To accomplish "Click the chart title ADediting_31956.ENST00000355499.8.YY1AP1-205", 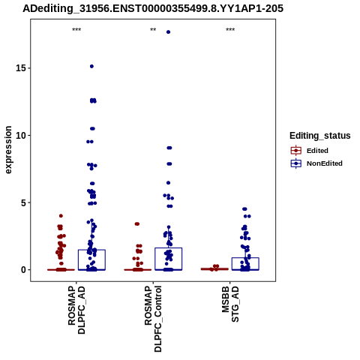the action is [x=153, y=8].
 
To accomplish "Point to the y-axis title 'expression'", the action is [x=8, y=150].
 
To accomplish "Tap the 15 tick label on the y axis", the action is [x=21, y=68].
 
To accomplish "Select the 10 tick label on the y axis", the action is [x=21, y=135].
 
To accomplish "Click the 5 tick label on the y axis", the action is [x=24, y=202].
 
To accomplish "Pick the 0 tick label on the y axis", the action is [x=24, y=270].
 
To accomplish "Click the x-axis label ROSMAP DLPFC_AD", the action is [x=76, y=310].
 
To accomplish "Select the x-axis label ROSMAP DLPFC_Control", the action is [x=153, y=319].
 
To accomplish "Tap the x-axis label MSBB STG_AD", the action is [x=230, y=304].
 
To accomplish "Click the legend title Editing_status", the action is [x=320, y=136].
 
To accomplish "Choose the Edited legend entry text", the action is [x=317, y=151].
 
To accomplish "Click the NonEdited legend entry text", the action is [x=325, y=163].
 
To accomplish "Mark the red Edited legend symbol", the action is [x=296, y=151].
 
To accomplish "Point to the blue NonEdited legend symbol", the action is [x=296, y=163].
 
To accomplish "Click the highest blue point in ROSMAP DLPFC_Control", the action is [x=168, y=32].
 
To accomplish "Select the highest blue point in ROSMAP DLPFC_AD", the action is [x=91, y=66].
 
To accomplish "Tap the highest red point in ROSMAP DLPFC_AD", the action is [x=61, y=216].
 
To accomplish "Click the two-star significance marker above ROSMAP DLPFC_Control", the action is [x=153, y=30].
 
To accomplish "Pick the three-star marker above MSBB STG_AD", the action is [x=230, y=30].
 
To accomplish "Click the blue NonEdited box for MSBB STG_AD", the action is [x=245, y=258].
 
